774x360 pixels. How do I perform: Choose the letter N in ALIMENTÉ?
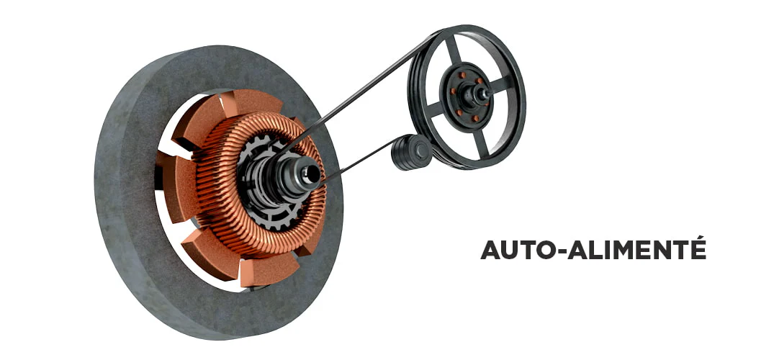[663, 250]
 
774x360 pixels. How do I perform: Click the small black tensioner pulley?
[411, 152]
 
